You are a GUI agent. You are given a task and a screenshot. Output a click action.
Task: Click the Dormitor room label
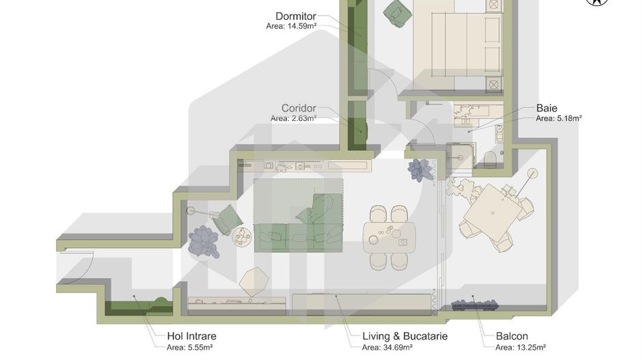[295, 16]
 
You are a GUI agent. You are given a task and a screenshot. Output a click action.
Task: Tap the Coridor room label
[299, 108]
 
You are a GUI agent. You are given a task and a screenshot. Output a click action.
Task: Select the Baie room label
[547, 108]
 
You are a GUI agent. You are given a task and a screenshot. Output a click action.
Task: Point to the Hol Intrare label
[191, 336]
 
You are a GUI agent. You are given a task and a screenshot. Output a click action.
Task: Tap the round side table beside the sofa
[242, 237]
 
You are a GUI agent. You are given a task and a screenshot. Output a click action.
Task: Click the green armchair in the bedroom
[397, 12]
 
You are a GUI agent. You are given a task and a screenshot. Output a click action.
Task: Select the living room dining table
[390, 234]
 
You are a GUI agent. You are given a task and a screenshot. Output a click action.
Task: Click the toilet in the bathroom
[489, 159]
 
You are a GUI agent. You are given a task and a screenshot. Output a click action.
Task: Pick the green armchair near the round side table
[226, 219]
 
